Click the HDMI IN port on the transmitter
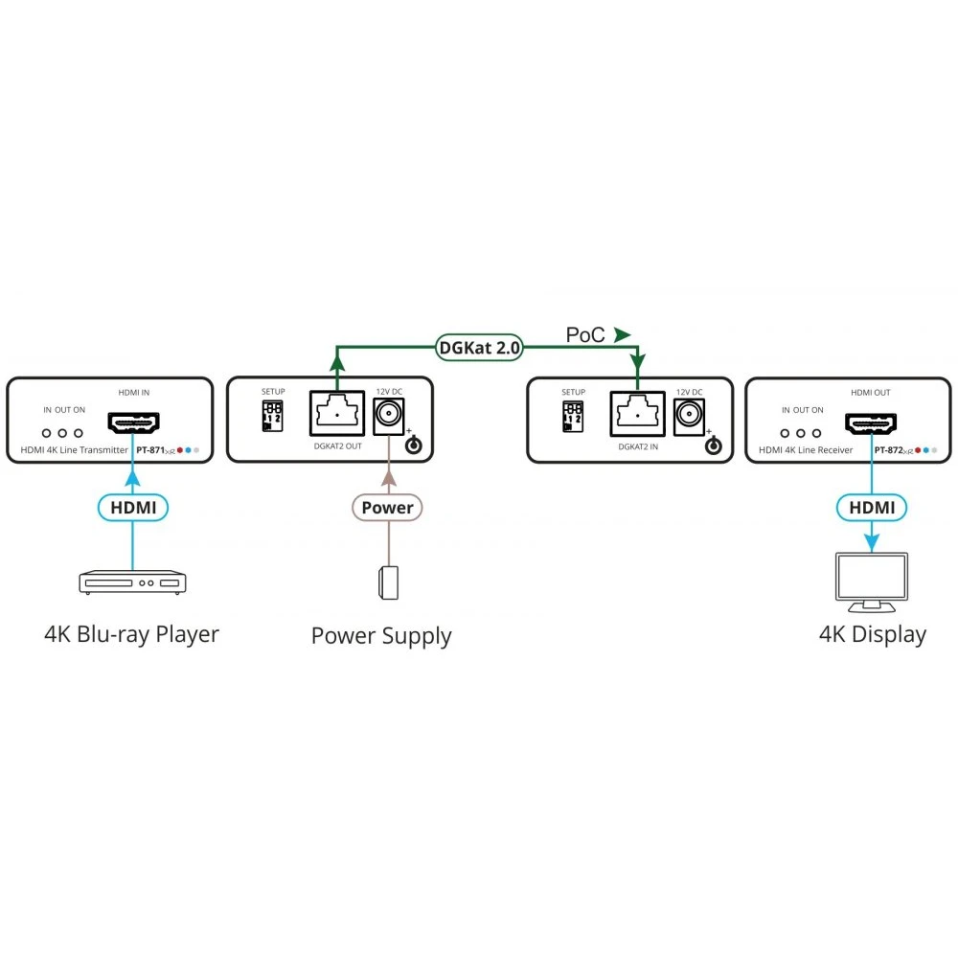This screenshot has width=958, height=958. (133, 422)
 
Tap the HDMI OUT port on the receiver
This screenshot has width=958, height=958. (871, 422)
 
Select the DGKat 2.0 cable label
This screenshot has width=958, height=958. (479, 348)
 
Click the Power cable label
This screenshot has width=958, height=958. (387, 507)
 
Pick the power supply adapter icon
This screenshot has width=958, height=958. (387, 582)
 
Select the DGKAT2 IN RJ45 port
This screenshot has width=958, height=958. (637, 414)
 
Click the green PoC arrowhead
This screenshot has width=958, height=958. (623, 334)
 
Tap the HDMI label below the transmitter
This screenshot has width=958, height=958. (133, 507)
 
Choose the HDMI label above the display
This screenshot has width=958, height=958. (872, 507)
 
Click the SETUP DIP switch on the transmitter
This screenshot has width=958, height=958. (273, 415)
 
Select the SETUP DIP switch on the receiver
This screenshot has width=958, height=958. (573, 415)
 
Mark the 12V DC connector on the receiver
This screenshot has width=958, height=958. (690, 414)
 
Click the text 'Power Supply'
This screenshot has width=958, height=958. (381, 636)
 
